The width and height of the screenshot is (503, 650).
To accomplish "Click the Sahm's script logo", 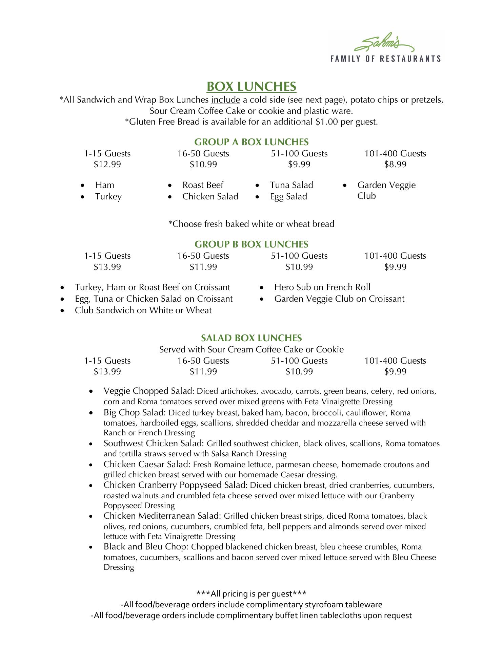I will tap(384, 44).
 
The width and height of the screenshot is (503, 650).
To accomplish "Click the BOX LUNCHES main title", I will tap(251, 87).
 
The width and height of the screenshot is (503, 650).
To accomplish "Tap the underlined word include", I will tap(225, 100).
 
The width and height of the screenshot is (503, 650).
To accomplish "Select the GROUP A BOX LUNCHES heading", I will tap(251, 142).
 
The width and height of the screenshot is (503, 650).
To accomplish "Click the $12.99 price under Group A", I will tap(107, 165).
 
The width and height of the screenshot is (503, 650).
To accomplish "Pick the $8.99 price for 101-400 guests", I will tap(395, 165).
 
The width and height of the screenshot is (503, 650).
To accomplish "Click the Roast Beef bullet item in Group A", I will tap(203, 185).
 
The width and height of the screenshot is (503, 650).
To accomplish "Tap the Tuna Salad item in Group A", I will tap(291, 185).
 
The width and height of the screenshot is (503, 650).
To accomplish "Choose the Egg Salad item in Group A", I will tap(288, 197).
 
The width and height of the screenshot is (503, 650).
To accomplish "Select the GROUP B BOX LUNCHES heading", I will tap(251, 244).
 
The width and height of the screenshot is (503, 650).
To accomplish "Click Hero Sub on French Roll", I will tap(322, 287).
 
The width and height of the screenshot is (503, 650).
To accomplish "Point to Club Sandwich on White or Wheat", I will tap(143, 310).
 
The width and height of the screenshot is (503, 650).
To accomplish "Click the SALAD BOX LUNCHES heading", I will tap(251, 338).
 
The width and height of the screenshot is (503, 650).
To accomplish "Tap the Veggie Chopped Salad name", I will tap(148, 391).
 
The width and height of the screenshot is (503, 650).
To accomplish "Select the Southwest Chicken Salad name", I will tap(153, 443).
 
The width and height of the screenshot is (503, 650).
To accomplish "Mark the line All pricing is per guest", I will tap(251, 594).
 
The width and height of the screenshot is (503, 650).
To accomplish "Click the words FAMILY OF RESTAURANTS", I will tap(385, 59).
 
